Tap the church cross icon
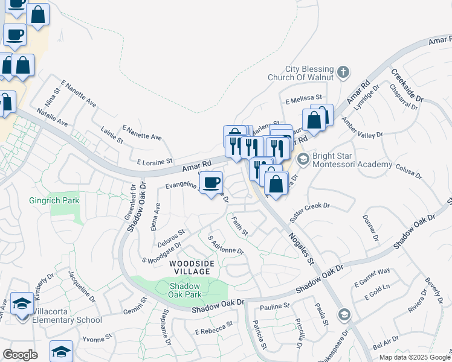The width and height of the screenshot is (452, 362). (343, 73)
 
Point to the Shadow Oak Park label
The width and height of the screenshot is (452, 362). (184, 290)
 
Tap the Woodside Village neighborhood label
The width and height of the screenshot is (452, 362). (191, 267)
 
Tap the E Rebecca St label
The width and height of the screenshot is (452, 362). (214, 329)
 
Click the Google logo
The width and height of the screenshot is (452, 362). (20, 355)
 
